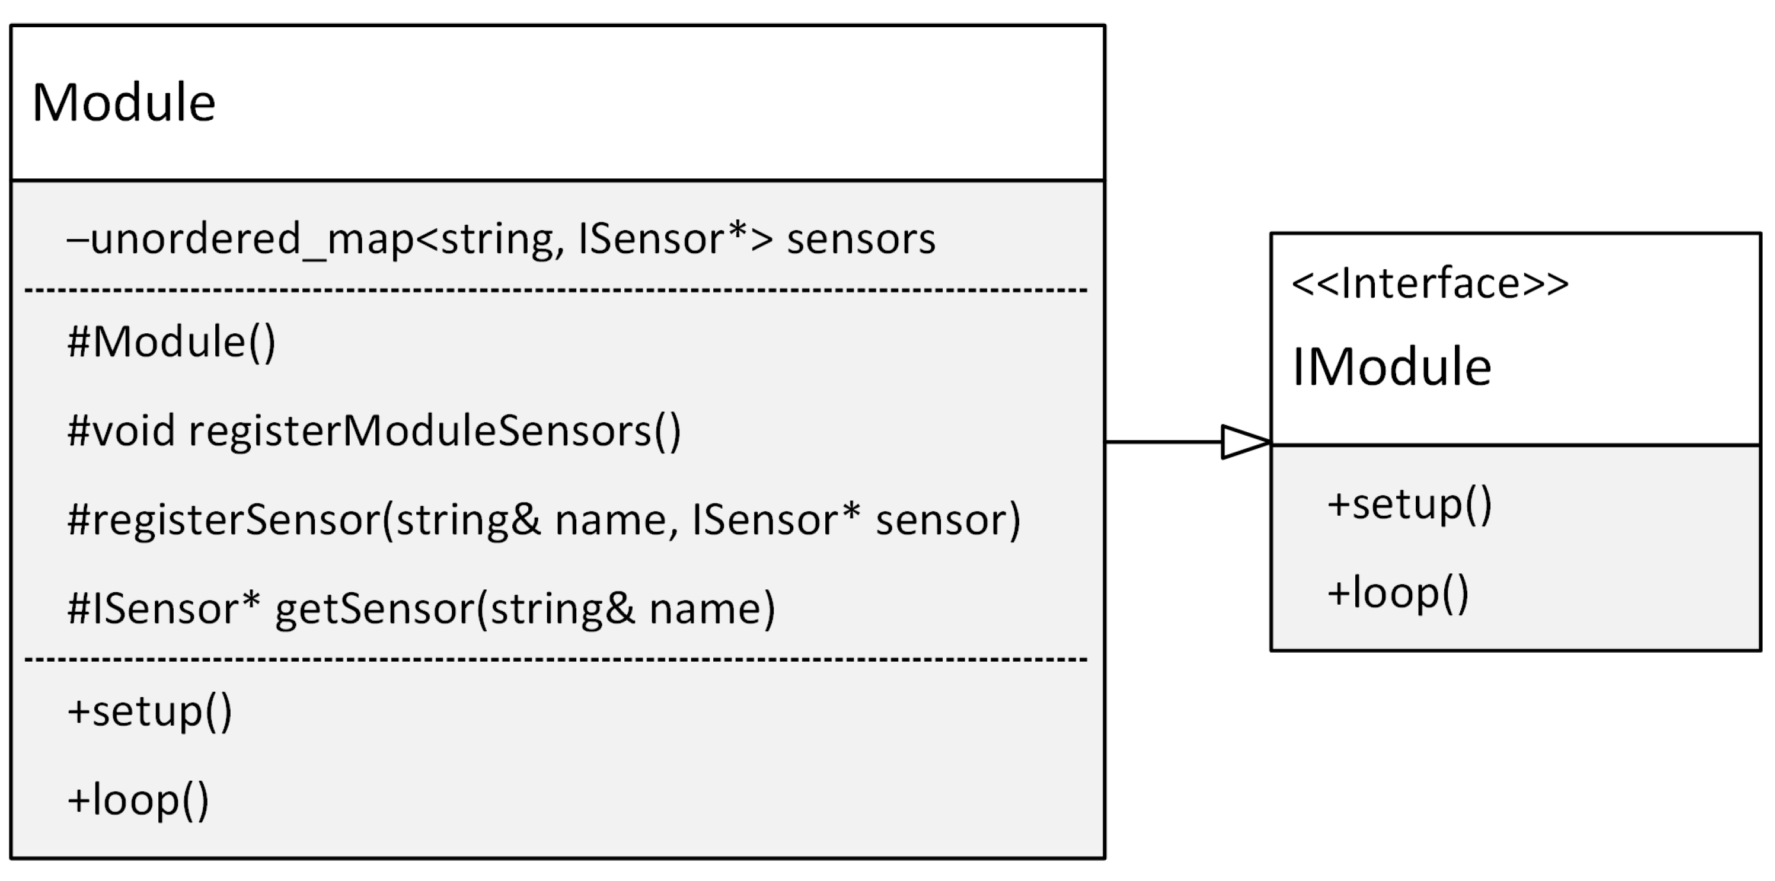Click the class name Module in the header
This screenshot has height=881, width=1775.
(x=124, y=103)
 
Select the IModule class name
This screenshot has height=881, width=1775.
(x=1391, y=367)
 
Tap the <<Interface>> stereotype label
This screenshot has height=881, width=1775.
(x=1430, y=283)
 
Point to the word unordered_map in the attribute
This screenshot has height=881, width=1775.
(x=251, y=240)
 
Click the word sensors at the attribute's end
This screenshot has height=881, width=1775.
(x=861, y=240)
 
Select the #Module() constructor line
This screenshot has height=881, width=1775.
(x=171, y=341)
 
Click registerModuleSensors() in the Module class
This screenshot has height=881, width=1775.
(x=434, y=431)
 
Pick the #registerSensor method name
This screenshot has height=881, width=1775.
(x=224, y=520)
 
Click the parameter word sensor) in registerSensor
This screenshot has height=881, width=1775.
(x=947, y=520)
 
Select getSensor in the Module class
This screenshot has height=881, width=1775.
(x=375, y=609)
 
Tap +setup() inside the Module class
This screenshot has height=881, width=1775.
(x=149, y=711)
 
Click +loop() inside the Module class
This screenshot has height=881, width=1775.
(x=138, y=800)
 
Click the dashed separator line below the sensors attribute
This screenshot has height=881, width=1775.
(x=556, y=291)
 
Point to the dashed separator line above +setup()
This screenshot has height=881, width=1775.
(x=556, y=660)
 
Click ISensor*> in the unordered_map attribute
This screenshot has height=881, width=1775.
(x=675, y=240)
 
